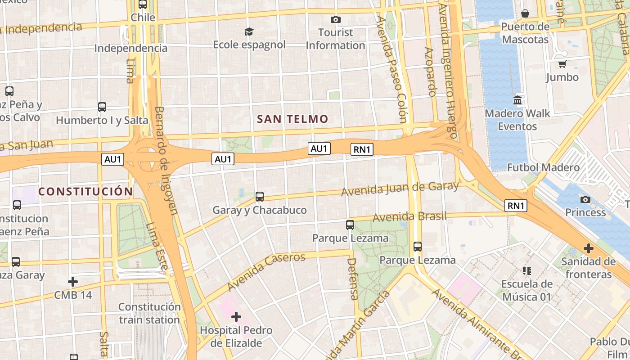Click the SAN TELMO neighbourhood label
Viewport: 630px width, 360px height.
(292, 119)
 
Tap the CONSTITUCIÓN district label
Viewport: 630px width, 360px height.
(85, 192)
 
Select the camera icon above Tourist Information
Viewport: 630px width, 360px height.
(335, 19)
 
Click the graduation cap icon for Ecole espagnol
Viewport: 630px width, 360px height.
(249, 31)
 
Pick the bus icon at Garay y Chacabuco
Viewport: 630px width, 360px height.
(260, 197)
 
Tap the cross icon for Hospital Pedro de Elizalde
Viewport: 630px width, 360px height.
(236, 317)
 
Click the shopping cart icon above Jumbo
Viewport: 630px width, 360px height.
(562, 64)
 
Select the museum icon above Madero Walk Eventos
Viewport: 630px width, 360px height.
(517, 100)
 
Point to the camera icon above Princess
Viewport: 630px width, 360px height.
(585, 199)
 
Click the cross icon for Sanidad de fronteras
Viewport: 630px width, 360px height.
(588, 248)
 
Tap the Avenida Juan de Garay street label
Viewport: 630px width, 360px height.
(400, 189)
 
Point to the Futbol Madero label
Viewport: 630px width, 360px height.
(543, 167)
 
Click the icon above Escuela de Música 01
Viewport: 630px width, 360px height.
(527, 271)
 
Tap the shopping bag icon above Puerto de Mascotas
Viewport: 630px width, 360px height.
(525, 13)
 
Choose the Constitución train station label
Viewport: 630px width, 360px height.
(149, 313)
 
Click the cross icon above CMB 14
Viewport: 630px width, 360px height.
(72, 282)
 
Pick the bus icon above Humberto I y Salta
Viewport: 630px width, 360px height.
(102, 107)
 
